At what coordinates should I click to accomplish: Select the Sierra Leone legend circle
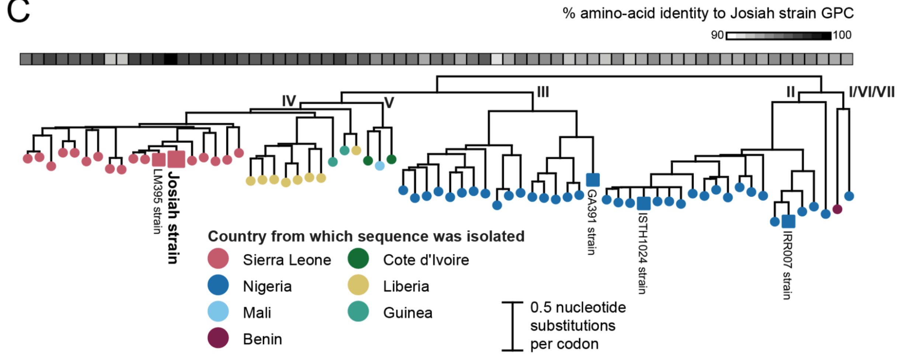tap(218, 259)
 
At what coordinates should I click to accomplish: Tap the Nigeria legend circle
tap(218, 285)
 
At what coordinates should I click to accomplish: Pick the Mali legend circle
tap(218, 312)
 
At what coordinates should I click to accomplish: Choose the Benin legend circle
tap(218, 338)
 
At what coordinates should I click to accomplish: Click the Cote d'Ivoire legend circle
tap(358, 259)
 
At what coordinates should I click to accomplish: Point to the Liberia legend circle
tap(358, 285)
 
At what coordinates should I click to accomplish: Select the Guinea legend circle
tap(358, 312)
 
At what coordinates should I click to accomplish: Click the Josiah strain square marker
tap(176, 159)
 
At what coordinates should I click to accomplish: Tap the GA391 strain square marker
tap(593, 180)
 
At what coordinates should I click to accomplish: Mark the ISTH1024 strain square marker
tap(644, 204)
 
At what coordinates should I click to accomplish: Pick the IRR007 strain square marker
tap(788, 221)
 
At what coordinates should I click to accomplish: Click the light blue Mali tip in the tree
tap(379, 166)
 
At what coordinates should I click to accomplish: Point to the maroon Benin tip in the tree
tap(837, 209)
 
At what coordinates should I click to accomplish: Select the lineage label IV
tap(289, 101)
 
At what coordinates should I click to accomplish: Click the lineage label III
tap(543, 92)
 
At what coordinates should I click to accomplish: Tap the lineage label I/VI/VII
tap(871, 92)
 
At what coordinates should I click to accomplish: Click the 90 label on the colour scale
tap(717, 35)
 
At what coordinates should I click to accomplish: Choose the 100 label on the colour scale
tap(842, 35)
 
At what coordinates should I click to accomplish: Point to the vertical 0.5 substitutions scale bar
tap(512, 326)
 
